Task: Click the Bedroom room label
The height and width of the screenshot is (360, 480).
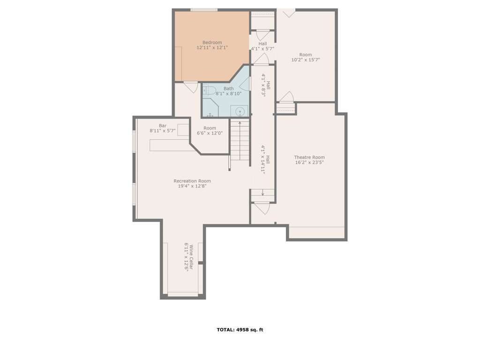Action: click(212, 43)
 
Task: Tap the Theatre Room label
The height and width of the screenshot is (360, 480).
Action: click(309, 157)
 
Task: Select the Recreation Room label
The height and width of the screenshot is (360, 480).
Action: click(192, 181)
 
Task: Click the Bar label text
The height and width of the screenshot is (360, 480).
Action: click(163, 126)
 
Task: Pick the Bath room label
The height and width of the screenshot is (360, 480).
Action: click(228, 89)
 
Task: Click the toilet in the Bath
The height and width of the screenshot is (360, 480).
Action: click(209, 90)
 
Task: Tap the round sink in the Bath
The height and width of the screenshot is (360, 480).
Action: click(240, 111)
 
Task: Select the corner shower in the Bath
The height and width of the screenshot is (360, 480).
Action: click(210, 107)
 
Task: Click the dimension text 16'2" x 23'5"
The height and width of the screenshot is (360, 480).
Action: click(309, 163)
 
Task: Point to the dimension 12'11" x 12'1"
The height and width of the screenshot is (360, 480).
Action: click(212, 48)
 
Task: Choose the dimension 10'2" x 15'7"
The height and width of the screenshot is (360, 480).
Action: click(306, 60)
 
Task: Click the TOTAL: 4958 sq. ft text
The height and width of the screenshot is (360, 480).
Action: click(240, 330)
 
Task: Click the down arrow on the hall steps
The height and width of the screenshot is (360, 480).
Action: click(262, 193)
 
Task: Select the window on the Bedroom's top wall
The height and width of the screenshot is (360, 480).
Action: click(204, 10)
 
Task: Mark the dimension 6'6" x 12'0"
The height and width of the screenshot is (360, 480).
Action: click(210, 133)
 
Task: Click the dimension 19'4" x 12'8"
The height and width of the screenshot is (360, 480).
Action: click(192, 186)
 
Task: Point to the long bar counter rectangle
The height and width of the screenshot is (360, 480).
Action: click(173, 145)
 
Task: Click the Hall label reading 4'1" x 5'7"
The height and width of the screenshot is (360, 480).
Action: click(262, 49)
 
